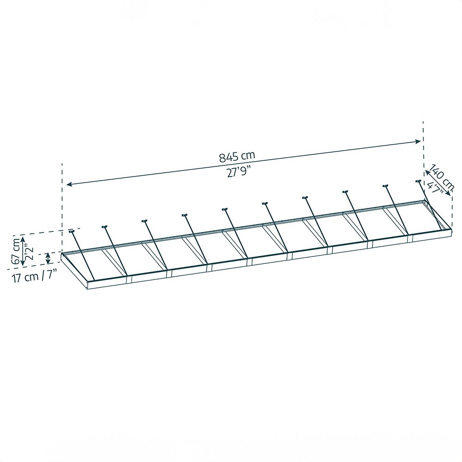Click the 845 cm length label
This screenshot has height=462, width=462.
237,156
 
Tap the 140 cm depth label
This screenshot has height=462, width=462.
438,174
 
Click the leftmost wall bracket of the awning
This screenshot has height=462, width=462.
72,231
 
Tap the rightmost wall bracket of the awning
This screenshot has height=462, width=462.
419,181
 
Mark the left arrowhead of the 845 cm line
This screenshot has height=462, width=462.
68,184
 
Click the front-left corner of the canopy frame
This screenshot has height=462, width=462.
87,289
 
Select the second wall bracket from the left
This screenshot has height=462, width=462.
104,226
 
